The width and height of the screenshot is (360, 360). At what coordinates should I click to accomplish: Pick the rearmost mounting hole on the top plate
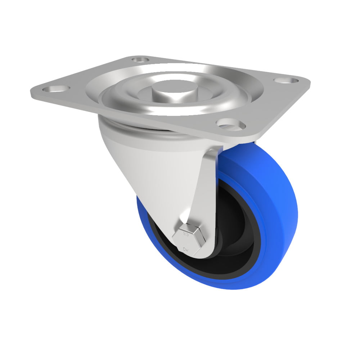pyautogui.click(x=140, y=59)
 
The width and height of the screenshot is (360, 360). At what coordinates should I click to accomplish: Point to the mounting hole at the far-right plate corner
pyautogui.click(x=286, y=80)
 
